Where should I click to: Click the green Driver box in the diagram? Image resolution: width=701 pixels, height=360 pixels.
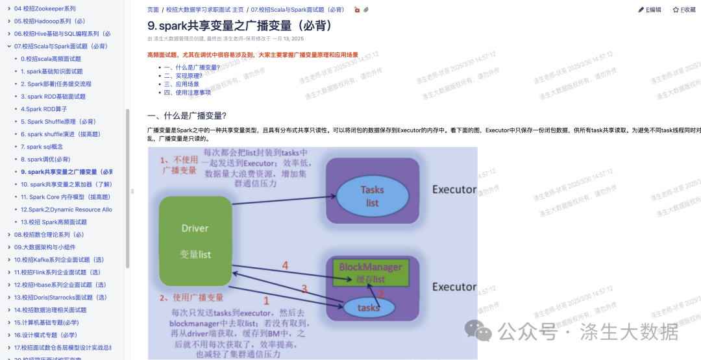(x=195, y=241)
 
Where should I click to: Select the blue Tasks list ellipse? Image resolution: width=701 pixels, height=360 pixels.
(x=372, y=196)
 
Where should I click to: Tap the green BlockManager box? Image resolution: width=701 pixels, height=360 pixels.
(x=371, y=272)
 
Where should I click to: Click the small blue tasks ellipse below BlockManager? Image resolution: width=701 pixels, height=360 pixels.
(x=368, y=307)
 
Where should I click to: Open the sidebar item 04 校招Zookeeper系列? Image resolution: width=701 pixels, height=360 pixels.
(x=45, y=8)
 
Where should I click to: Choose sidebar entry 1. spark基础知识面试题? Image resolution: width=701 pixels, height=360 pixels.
(x=52, y=71)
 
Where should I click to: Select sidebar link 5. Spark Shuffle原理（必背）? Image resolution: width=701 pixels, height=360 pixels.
(x=58, y=121)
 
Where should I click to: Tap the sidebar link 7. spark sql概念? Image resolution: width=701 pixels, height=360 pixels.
(x=42, y=147)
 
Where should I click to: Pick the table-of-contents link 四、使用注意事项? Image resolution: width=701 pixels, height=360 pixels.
(x=188, y=92)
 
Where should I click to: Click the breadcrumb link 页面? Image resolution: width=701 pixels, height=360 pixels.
(x=153, y=10)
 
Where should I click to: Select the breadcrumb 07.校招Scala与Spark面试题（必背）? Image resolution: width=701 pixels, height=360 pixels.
(x=297, y=10)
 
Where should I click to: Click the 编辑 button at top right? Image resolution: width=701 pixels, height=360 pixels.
(x=650, y=10)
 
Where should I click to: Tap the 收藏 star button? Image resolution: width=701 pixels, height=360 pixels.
(x=684, y=10)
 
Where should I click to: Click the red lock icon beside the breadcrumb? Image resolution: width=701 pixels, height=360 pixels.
(x=356, y=10)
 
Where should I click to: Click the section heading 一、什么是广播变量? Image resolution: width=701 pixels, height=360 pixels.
(x=186, y=115)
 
